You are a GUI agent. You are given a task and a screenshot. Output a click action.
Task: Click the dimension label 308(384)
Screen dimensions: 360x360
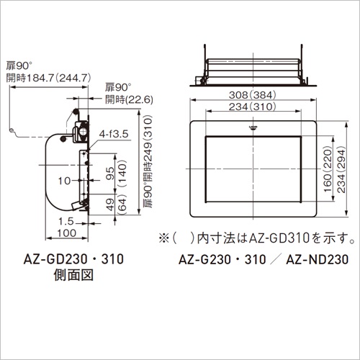coord(252,95)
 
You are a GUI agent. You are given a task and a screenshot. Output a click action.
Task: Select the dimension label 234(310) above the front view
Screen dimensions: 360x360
coord(252,107)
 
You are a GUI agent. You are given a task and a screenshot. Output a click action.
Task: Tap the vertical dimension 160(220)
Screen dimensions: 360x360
coord(328,171)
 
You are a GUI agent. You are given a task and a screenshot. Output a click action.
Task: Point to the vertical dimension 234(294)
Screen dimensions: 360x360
coord(341,171)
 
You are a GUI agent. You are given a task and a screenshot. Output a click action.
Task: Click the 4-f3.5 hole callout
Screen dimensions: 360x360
coord(114,134)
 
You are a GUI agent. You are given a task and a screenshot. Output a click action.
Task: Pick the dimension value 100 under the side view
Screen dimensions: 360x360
coord(67,233)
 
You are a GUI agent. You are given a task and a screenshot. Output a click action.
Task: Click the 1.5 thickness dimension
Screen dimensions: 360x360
coord(66,221)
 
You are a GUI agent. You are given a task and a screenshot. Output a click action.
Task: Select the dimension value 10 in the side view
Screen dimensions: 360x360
coord(64,181)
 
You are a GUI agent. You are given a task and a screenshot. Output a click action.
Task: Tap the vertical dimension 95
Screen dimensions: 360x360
coord(110,174)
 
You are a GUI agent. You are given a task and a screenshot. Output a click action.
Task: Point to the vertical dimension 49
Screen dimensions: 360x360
coord(110,204)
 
